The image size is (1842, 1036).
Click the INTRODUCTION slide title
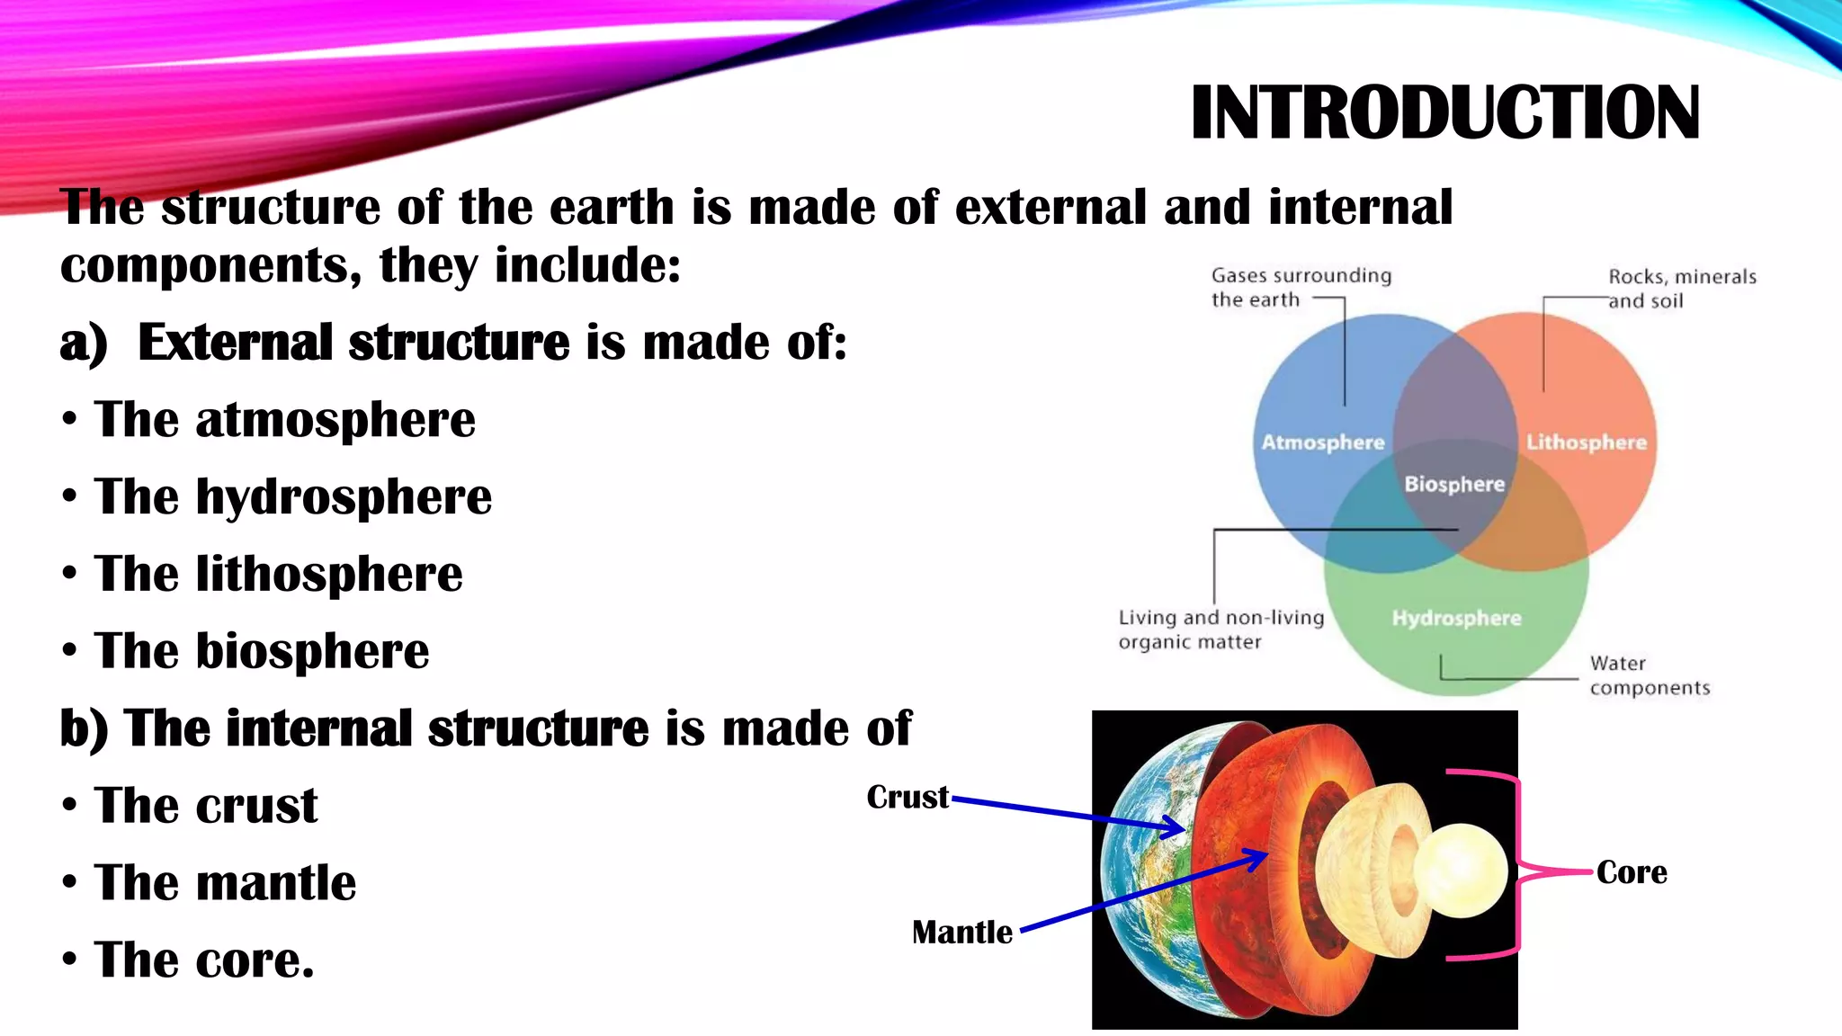tap(1444, 113)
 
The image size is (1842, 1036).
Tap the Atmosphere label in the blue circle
tap(1322, 442)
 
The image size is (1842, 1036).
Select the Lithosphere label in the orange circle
tap(1586, 442)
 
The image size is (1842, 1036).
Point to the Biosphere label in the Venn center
tap(1454, 484)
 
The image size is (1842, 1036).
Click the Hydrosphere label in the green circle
tap(1456, 618)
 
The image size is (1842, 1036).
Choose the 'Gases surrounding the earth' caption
tap(1300, 287)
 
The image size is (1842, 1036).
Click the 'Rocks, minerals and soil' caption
tap(1681, 288)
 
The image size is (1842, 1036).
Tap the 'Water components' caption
tap(1649, 675)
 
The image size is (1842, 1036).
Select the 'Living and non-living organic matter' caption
tap(1221, 630)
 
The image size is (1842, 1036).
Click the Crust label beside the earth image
tap(907, 797)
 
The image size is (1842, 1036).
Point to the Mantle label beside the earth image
tap(961, 932)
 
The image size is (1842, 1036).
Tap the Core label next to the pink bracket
tap(1631, 871)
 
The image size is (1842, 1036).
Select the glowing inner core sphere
tap(1461, 871)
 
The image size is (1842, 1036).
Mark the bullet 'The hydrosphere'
tap(292, 496)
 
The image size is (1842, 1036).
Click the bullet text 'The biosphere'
tap(261, 650)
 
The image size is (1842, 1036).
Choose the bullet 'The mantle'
tap(225, 882)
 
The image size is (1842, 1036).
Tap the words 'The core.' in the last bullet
tap(204, 960)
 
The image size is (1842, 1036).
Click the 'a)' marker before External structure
tap(83, 344)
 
